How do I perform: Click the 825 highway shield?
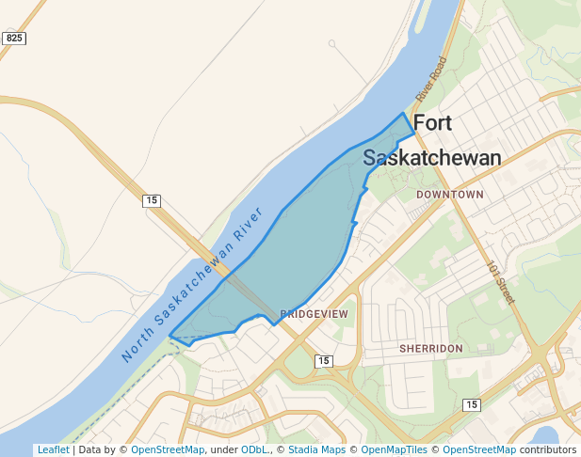pyautogui.click(x=14, y=39)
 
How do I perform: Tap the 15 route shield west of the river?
pyautogui.click(x=152, y=200)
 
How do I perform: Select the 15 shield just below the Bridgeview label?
pyautogui.click(x=323, y=361)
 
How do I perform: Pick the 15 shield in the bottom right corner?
pyautogui.click(x=472, y=404)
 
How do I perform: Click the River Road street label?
pyautogui.click(x=430, y=79)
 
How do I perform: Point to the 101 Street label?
pyautogui.click(x=501, y=282)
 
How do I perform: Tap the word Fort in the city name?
pyautogui.click(x=432, y=123)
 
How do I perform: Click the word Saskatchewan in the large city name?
pyautogui.click(x=431, y=158)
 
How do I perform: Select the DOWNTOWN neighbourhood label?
pyautogui.click(x=450, y=195)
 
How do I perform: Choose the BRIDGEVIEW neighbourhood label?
pyautogui.click(x=315, y=313)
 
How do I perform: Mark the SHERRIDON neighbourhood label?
pyautogui.click(x=430, y=348)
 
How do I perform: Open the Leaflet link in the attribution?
pyautogui.click(x=53, y=449)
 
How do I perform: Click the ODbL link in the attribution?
pyautogui.click(x=254, y=449)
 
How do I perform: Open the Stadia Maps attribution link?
pyautogui.click(x=316, y=449)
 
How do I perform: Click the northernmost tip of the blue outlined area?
pyautogui.click(x=404, y=114)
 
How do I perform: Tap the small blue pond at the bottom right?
pyautogui.click(x=545, y=435)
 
